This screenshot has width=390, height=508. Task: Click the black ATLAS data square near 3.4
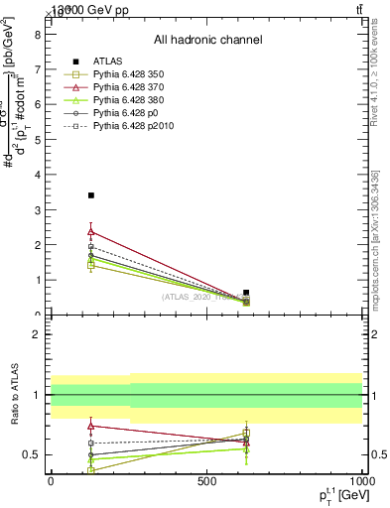point(91,195)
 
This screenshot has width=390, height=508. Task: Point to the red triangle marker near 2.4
point(91,231)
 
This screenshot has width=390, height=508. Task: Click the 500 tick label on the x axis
point(206,480)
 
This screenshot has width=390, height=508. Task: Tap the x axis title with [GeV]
point(337,495)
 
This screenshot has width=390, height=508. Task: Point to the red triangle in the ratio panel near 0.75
point(91,426)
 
